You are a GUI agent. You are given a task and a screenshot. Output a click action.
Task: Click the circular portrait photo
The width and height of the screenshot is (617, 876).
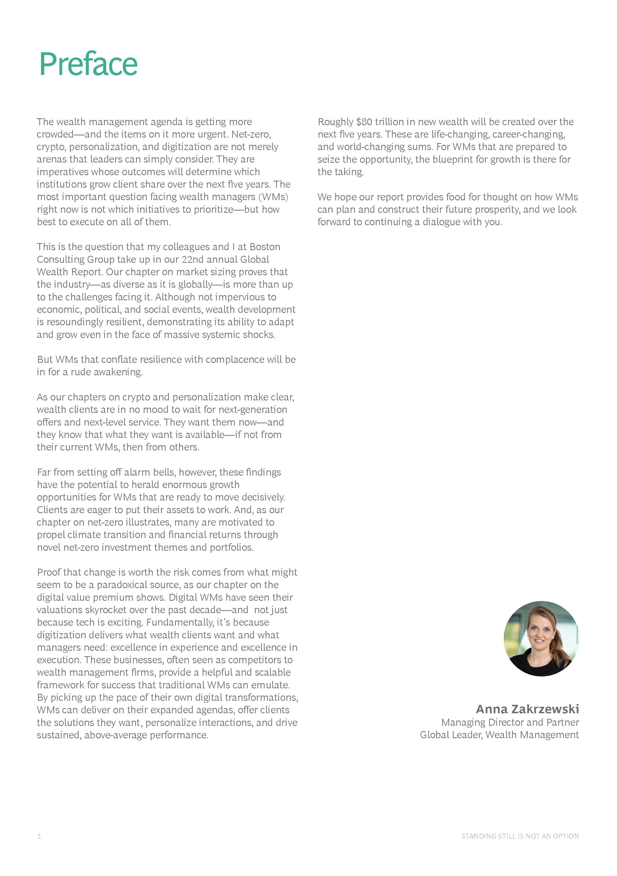pyautogui.click(x=541, y=639)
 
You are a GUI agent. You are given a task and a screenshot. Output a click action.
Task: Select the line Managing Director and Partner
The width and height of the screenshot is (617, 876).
pyautogui.click(x=510, y=722)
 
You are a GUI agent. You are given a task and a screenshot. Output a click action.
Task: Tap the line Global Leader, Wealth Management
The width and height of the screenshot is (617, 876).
pyautogui.click(x=499, y=735)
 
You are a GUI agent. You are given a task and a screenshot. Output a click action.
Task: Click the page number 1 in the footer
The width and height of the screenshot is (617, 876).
pyautogui.click(x=39, y=836)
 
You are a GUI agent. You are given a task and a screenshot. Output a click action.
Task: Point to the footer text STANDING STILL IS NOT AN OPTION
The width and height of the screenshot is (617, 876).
pyautogui.click(x=520, y=836)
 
